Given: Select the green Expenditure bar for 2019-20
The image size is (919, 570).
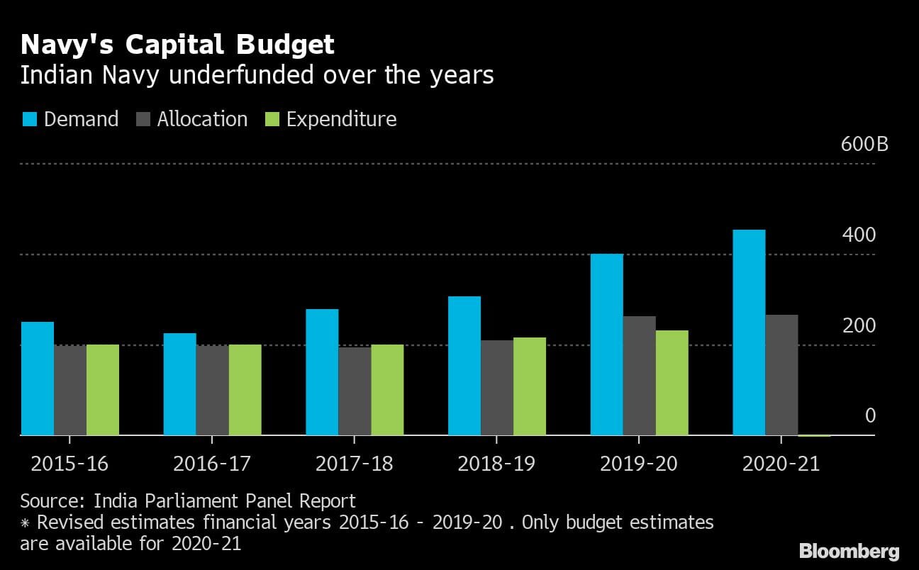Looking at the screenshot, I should (x=672, y=383).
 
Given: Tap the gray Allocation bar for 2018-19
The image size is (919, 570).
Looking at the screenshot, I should (x=497, y=388).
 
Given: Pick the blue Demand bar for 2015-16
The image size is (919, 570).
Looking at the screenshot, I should (x=38, y=379).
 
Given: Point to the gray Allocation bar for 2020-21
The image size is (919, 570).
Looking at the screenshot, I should (x=781, y=375).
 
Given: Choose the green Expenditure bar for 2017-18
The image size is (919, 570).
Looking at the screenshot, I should (x=387, y=390).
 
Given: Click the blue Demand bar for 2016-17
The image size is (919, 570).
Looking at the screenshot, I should (x=180, y=384).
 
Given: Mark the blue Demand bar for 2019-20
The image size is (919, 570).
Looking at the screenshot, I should (x=607, y=345).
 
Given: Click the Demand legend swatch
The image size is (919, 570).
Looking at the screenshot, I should (x=29, y=119).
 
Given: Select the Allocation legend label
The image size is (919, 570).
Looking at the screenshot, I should (x=202, y=119).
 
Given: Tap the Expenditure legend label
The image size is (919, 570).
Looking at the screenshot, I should (x=341, y=119).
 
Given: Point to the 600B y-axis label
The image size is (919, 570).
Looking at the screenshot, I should (x=864, y=145).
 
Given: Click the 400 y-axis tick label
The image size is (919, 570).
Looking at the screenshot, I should (x=859, y=235).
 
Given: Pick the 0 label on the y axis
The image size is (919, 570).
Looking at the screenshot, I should (x=870, y=416).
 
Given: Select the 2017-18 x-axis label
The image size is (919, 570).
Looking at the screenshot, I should (x=354, y=464).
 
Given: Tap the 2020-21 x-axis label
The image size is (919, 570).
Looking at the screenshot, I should (x=780, y=464).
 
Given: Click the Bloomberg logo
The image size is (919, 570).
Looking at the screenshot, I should (x=849, y=551).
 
